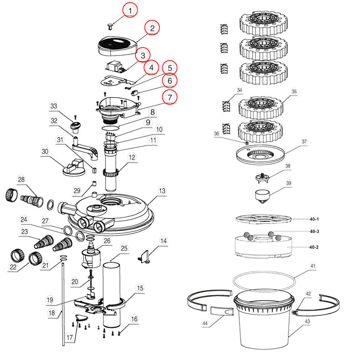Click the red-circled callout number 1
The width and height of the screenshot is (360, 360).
pos(131,10)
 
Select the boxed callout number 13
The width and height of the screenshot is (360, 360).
pos(161,191)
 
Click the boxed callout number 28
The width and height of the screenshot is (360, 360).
pos(21,179)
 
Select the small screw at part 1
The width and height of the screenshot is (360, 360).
pos(110,25)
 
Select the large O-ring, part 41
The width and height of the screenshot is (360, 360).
pos(263,281)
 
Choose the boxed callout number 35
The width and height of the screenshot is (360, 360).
pos(294,93)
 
